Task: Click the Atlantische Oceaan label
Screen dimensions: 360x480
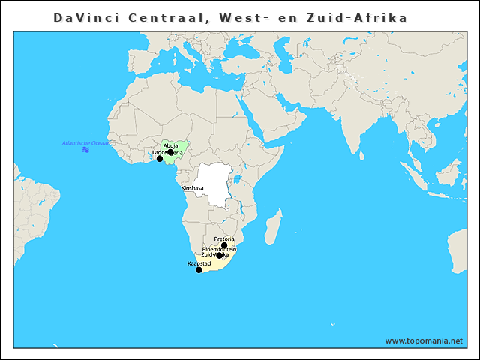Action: click(85, 142)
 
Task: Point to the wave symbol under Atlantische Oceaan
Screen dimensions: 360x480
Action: click(86, 150)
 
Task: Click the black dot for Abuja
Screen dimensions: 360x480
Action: click(170, 152)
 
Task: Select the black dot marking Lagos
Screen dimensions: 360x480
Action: click(159, 159)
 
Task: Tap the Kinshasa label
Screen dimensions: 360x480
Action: click(192, 187)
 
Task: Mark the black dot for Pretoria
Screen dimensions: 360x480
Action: click(224, 245)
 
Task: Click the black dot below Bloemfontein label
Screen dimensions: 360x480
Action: click(220, 256)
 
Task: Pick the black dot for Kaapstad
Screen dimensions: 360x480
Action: click(199, 270)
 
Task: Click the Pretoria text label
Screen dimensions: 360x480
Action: click(224, 239)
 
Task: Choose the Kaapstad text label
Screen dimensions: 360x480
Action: click(199, 264)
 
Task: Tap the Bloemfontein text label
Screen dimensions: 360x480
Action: click(219, 249)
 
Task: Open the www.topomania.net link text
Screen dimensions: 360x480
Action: click(424, 340)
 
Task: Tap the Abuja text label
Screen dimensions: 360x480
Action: click(170, 145)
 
